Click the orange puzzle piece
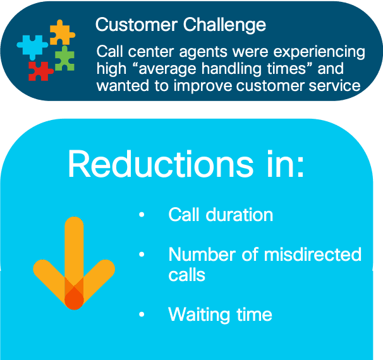click(x=61, y=32)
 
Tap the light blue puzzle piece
click(x=32, y=47)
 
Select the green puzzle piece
click(x=64, y=59)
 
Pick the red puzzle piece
click(x=40, y=71)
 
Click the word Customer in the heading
click(x=137, y=25)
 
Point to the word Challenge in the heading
click(x=224, y=25)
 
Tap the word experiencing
click(x=319, y=52)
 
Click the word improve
click(x=203, y=86)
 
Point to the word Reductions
click(x=161, y=164)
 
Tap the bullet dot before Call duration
click(x=142, y=215)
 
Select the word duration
click(x=240, y=215)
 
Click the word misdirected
click(x=313, y=255)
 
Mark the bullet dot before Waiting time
click(x=142, y=314)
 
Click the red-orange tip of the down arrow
click(x=74, y=300)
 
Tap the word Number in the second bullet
click(x=202, y=255)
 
